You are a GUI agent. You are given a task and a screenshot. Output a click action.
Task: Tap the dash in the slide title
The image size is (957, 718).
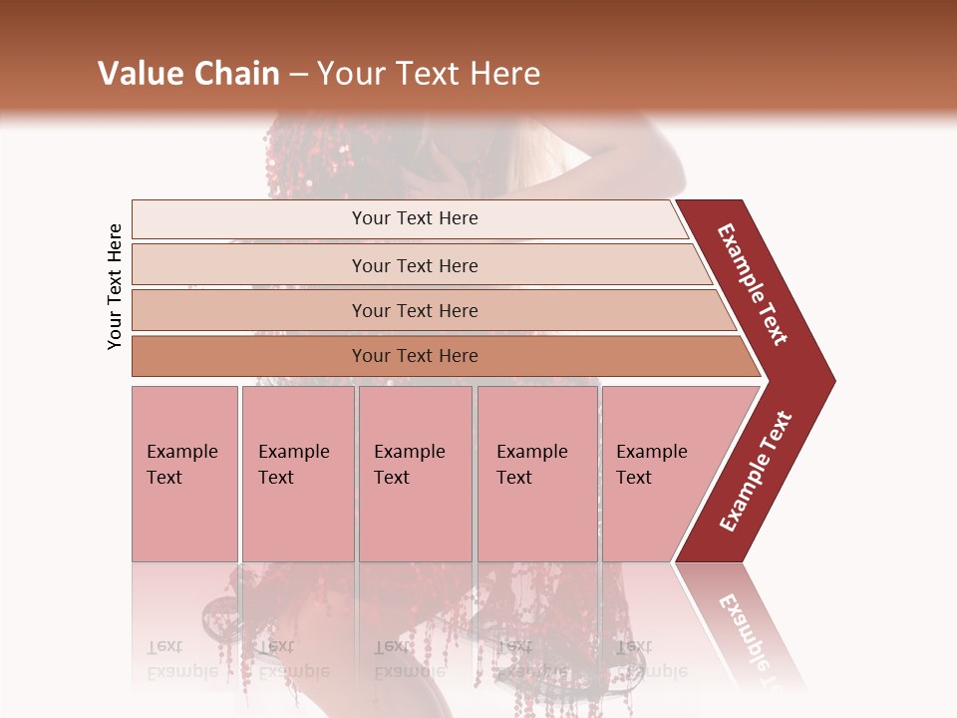299,74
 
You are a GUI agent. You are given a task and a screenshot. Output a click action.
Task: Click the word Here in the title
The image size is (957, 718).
504,73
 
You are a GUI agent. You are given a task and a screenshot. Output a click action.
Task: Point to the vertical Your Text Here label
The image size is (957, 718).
115,286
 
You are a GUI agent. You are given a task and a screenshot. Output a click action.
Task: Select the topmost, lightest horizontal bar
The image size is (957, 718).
409,218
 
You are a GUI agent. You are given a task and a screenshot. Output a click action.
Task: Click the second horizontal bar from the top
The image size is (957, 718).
419,265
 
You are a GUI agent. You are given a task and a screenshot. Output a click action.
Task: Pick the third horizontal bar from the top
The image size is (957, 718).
429,310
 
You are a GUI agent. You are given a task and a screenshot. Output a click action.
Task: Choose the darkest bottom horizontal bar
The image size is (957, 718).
439,356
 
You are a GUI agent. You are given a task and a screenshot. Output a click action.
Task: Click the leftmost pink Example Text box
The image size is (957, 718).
184,474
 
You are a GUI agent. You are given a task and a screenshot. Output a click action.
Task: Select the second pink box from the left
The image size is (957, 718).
298,474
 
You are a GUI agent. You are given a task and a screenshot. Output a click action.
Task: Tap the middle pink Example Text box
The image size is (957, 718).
415,474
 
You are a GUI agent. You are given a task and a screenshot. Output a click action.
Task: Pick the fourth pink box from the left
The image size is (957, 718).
537,474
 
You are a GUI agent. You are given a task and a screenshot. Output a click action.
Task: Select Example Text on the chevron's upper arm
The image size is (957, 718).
753,283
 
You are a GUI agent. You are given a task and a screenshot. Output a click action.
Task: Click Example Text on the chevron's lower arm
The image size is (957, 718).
756,472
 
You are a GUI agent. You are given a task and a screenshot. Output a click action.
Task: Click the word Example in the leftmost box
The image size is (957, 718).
182,452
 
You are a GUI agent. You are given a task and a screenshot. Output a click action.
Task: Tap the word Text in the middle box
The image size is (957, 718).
392,478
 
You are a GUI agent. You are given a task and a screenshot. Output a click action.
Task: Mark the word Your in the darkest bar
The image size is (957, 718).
370,356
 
